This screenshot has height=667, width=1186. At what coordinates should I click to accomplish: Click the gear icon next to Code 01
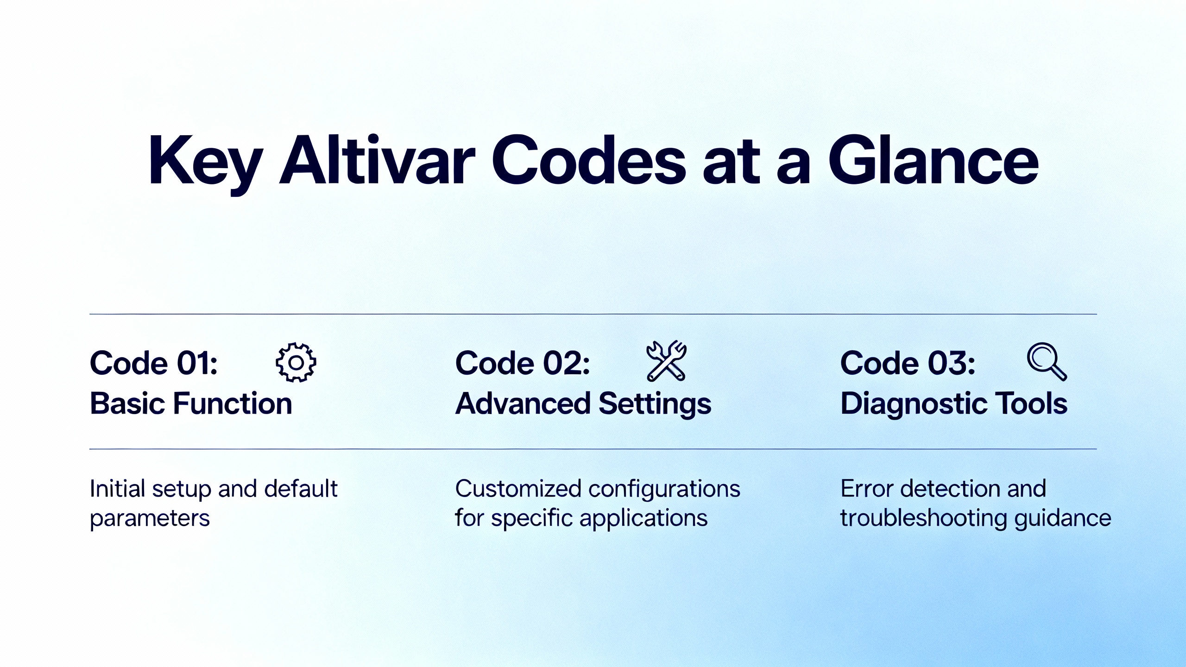coord(296,362)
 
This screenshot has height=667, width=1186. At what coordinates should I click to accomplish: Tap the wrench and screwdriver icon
coord(666,361)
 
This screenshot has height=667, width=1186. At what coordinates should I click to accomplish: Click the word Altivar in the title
coord(377,161)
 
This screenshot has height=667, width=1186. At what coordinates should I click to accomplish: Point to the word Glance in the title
coord(934,161)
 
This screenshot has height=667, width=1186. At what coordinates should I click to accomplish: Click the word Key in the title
coord(206,164)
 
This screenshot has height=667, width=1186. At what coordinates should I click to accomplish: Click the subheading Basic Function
coord(191,403)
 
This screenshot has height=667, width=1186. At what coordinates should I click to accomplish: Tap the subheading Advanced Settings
coord(583,404)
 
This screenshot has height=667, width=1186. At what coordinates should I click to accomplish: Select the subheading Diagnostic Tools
coord(954,404)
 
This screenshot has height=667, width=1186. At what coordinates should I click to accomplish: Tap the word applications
coord(643,518)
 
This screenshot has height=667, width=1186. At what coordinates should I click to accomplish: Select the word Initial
coord(117,489)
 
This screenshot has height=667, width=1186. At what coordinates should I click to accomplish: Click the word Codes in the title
coord(588,161)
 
